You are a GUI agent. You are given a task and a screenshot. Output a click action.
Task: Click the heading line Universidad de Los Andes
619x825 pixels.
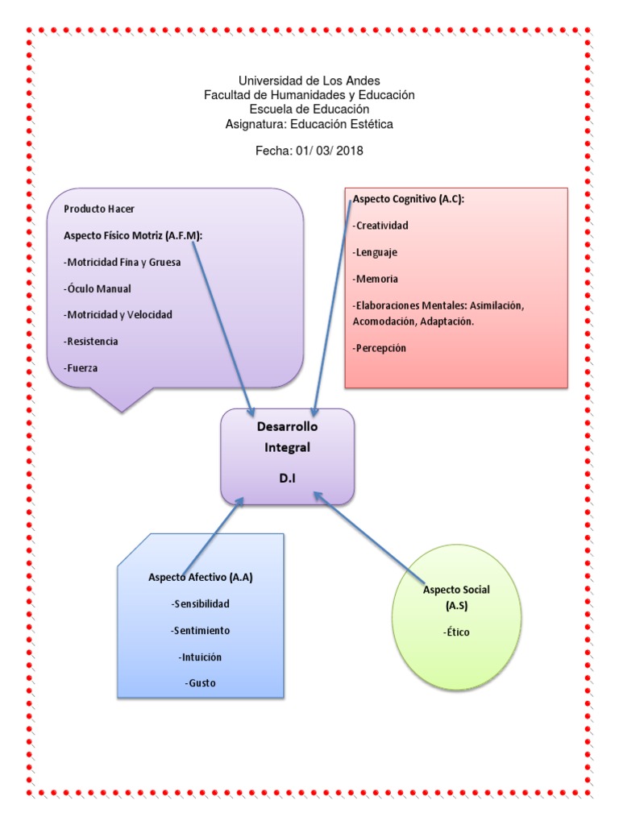point(309,81)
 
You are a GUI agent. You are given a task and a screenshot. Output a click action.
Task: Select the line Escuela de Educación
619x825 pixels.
point(309,109)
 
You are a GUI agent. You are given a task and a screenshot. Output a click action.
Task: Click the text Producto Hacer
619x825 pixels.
point(99,209)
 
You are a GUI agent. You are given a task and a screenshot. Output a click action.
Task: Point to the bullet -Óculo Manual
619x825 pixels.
point(97,288)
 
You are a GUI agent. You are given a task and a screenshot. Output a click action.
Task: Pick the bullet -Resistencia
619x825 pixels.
point(90,341)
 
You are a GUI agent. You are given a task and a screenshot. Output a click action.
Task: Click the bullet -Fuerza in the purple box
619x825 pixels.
point(82,367)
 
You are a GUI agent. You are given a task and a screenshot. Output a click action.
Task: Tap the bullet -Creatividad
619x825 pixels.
point(380,226)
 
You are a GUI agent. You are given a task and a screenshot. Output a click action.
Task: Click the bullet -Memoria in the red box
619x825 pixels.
point(375,279)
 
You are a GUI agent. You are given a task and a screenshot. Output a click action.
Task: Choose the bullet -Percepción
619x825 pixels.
point(379,348)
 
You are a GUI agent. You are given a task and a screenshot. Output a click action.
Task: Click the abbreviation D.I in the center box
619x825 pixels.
point(288,478)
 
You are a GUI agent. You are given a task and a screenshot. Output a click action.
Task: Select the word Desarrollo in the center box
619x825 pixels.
point(288,427)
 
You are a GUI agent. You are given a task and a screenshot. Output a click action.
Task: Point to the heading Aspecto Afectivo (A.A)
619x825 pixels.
point(200,577)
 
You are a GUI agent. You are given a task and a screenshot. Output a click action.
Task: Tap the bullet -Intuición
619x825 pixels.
point(200,657)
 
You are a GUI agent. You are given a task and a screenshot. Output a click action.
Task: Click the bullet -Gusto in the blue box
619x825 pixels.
point(200,683)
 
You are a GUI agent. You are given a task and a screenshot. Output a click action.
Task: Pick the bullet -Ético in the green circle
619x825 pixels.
point(456,632)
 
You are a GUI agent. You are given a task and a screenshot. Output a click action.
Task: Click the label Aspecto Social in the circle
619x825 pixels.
point(456,590)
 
